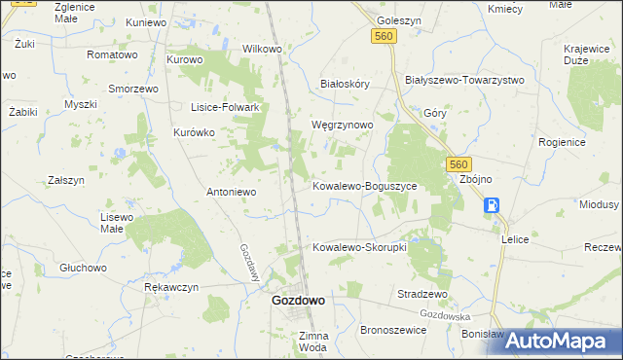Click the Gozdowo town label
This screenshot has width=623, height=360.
pos(298,302)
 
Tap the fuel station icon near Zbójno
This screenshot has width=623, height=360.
pos(493,205)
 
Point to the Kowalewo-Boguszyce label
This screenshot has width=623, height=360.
pos(364,185)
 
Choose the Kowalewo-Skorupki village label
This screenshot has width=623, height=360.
pos(359,247)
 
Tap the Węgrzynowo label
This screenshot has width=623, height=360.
pos(341,126)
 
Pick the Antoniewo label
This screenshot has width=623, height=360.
pos(231,192)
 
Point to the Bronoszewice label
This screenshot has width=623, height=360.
pos(395,331)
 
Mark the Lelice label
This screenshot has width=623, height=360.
pos(515,238)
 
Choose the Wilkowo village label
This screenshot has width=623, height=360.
pos(262,48)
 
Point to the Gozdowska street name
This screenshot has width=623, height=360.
pos(446,316)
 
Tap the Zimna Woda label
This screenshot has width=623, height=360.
pos(313,342)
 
